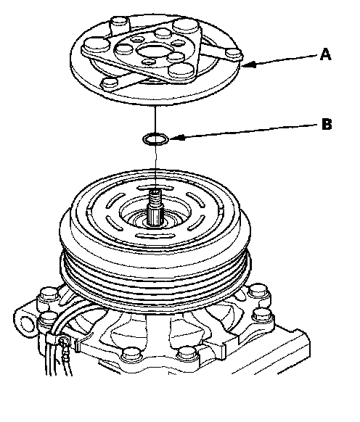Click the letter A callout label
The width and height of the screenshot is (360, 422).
(x=325, y=54)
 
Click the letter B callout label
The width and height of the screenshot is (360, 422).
(x=327, y=124)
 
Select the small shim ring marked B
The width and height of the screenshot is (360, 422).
(x=156, y=139)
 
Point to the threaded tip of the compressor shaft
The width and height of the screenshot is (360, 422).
(x=155, y=198)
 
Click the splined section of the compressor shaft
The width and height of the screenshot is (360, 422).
(x=155, y=216)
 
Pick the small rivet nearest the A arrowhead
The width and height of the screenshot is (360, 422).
(x=234, y=53)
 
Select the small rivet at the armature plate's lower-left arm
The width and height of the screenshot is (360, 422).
(x=109, y=83)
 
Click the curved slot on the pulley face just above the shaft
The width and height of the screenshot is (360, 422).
(x=155, y=187)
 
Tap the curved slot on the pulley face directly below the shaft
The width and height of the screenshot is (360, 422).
(x=155, y=236)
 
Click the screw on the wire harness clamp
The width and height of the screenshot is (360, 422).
(x=64, y=342)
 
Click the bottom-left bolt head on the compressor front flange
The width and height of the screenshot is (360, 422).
(x=131, y=355)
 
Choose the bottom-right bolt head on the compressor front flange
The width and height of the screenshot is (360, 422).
(x=187, y=354)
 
